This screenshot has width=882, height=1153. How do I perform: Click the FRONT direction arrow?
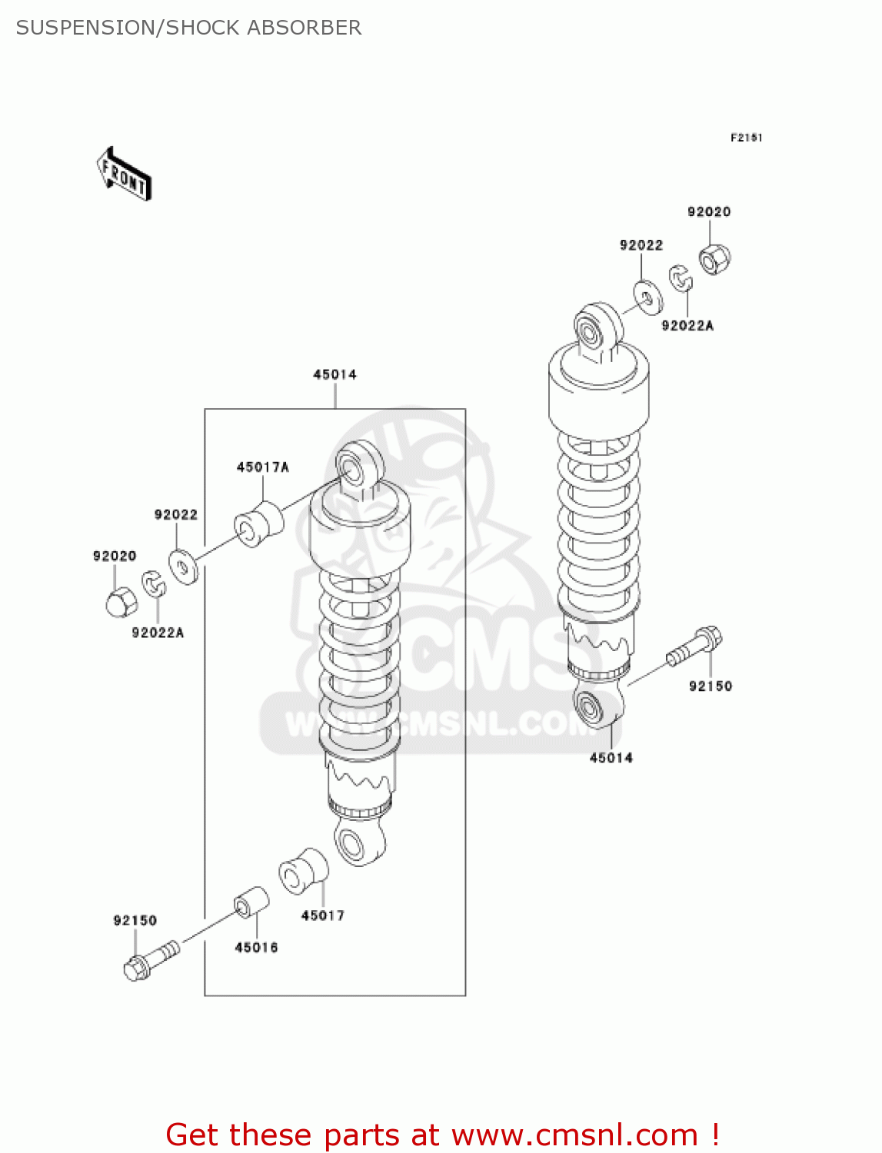(123, 174)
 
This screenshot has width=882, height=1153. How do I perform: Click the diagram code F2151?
(745, 138)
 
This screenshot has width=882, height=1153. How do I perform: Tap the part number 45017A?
(262, 467)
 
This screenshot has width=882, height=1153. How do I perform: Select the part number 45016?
(256, 948)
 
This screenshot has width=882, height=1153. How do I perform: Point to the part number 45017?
(322, 915)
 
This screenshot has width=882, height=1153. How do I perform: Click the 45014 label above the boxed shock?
(334, 374)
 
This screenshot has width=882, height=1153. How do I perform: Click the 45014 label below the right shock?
(611, 758)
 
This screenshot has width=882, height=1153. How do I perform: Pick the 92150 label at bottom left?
(135, 921)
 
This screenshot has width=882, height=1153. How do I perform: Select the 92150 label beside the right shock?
(710, 686)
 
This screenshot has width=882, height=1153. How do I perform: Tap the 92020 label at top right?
(708, 212)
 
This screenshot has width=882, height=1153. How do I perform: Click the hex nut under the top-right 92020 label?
(714, 259)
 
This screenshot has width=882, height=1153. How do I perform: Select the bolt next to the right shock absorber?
(694, 646)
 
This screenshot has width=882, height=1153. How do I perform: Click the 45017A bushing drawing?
(258, 524)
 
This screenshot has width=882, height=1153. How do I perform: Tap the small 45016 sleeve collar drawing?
(251, 902)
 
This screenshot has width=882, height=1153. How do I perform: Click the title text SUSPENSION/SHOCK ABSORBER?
(188, 28)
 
